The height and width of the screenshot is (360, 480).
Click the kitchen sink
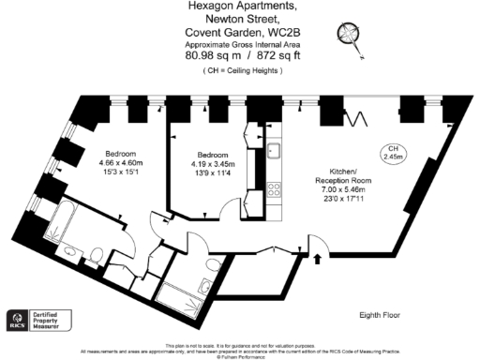tap(274, 150)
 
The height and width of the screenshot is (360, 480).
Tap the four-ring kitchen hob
tap(275, 187)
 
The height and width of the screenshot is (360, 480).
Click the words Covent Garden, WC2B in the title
tap(239, 31)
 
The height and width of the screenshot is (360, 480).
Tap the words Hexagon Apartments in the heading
tap(239, 7)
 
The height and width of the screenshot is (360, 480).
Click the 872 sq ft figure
tap(272, 55)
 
